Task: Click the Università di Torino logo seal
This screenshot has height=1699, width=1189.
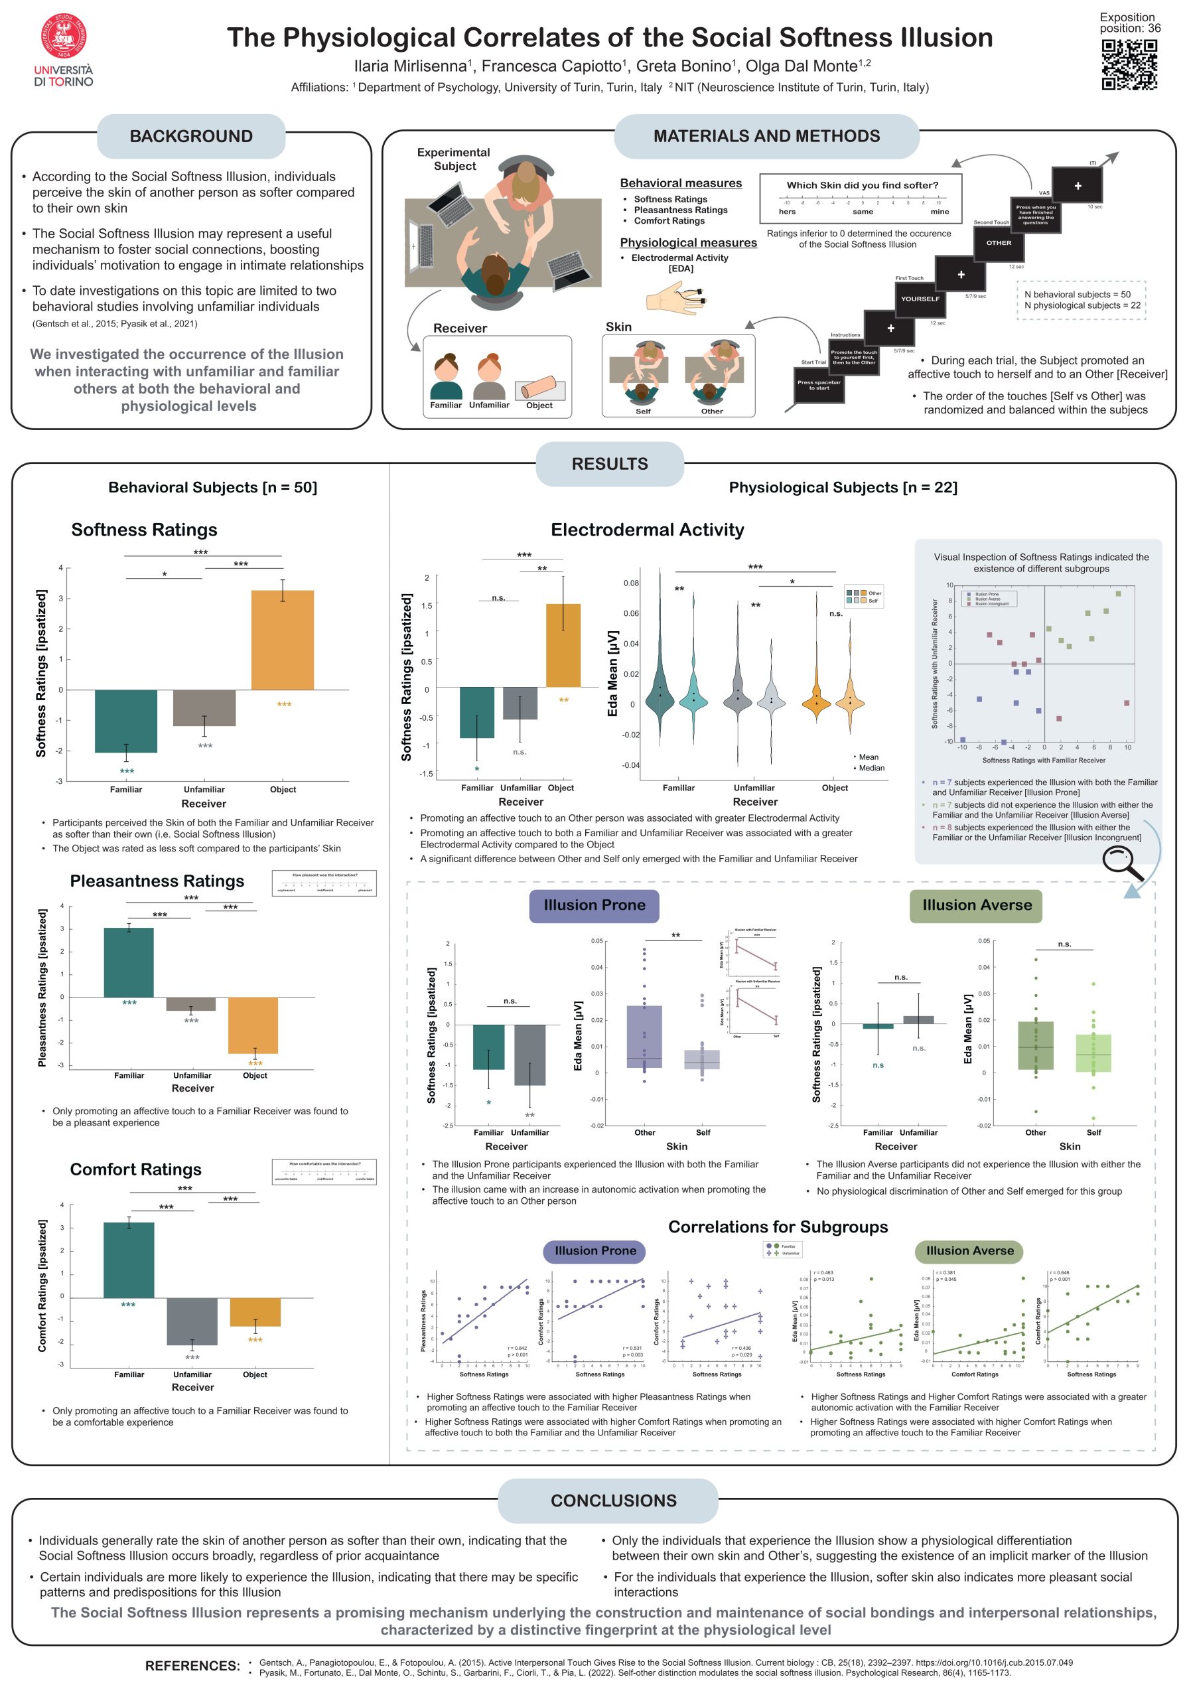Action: point(64,37)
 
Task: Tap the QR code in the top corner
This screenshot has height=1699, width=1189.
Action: point(1129,64)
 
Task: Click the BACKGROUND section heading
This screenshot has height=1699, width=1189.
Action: point(191,136)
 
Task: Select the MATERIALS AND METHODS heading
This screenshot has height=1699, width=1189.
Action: point(766,136)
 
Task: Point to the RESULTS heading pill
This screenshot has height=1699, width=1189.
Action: point(609,464)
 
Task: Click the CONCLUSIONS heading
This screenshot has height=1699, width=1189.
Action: point(612,1500)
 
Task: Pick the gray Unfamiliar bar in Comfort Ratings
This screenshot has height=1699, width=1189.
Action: point(192,1321)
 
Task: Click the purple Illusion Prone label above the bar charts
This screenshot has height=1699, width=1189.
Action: point(594,905)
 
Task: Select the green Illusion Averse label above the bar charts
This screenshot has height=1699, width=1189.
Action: point(976,905)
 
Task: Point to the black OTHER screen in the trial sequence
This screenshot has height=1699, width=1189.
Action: point(998,243)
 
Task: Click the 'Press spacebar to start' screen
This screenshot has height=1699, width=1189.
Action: point(818,385)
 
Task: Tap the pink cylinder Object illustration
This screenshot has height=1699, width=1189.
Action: point(539,388)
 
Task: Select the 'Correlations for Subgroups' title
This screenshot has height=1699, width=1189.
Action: point(778,1226)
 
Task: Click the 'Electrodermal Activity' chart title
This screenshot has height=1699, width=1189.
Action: point(647,530)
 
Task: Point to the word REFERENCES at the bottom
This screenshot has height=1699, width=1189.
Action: point(192,1666)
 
